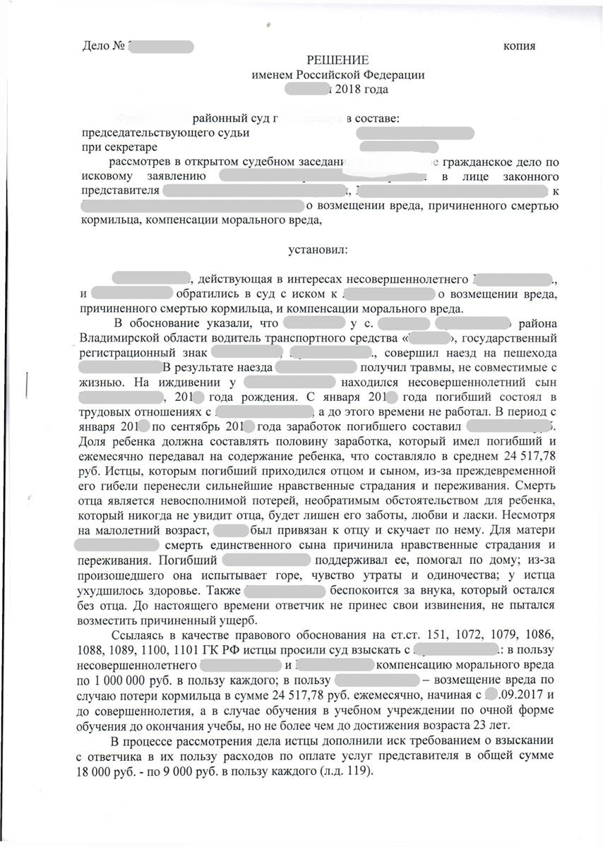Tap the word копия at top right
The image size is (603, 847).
[x=518, y=47]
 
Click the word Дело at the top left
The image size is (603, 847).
[x=97, y=47]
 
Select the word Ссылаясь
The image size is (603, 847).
[x=137, y=635]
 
